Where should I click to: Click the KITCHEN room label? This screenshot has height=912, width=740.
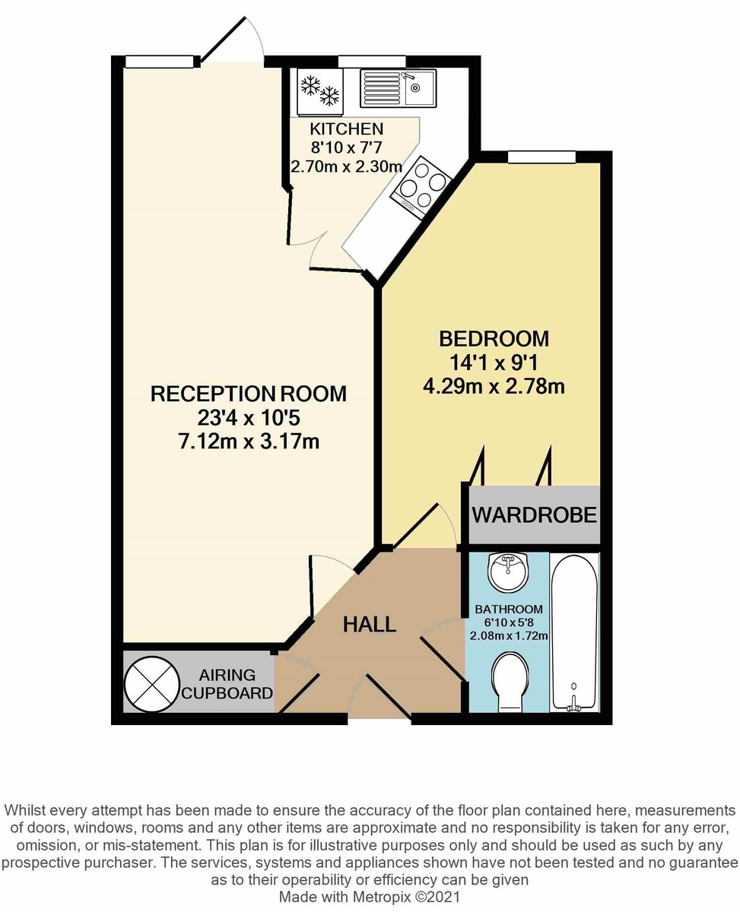tap(347, 129)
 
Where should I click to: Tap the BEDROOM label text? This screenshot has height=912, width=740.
tap(494, 339)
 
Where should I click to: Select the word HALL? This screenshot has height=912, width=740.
tap(370, 625)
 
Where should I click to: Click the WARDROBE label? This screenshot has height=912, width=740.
tap(535, 515)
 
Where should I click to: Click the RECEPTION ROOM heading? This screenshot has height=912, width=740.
tap(249, 394)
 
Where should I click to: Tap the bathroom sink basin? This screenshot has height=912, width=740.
tap(508, 572)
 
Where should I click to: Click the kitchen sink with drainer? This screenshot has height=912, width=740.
tap(398, 88)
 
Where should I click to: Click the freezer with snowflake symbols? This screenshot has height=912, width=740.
tap(319, 92)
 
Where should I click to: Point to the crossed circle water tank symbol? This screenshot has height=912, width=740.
tap(151, 684)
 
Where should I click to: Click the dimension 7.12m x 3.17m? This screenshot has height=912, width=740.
tap(249, 441)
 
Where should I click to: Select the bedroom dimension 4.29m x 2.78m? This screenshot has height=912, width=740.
tap(494, 387)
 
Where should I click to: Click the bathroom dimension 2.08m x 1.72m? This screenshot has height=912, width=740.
tap(509, 636)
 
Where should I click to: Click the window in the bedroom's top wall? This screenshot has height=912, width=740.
tap(542, 157)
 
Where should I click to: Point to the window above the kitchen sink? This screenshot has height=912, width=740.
tap(371, 62)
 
